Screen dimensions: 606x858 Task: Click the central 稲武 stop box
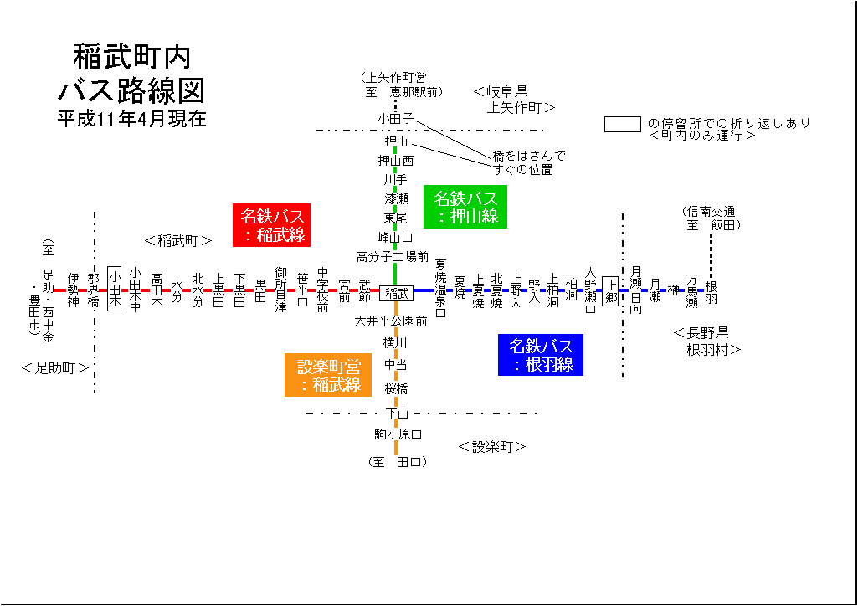(396, 293)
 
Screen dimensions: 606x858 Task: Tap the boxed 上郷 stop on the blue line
(610, 291)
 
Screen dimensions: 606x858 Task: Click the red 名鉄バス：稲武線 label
(271, 225)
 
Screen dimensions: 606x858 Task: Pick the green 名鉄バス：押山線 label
(465, 207)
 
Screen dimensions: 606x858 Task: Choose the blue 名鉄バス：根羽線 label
(541, 354)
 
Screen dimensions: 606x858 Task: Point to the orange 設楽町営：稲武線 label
(328, 375)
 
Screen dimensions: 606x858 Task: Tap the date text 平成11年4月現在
(131, 118)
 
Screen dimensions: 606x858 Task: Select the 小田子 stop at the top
(396, 119)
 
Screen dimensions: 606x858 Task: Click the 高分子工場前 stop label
(393, 256)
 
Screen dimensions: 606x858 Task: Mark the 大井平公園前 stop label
(390, 321)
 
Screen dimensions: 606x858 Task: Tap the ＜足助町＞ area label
(55, 367)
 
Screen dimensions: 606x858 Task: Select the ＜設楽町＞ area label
(492, 447)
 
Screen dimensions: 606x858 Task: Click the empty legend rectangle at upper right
(623, 124)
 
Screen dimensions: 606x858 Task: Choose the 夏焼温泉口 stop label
(440, 289)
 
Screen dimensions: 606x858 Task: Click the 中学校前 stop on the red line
(323, 290)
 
